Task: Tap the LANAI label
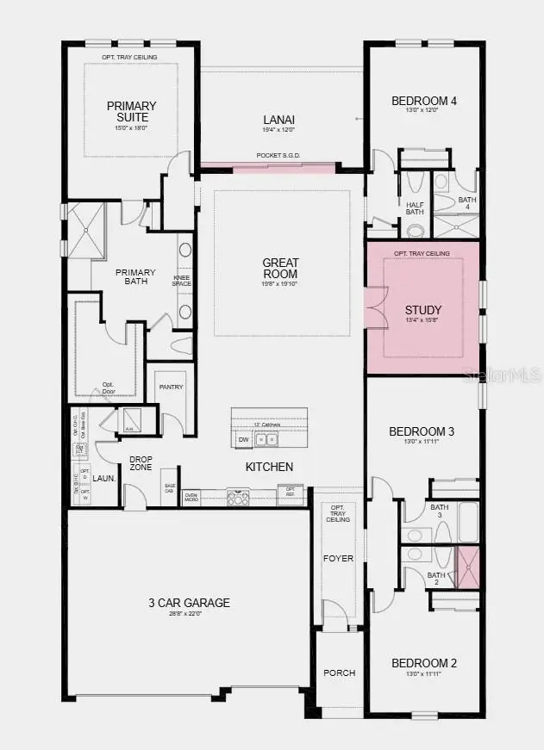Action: [x=278, y=120]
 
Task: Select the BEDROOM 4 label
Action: [x=423, y=101]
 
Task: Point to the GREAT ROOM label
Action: [x=281, y=268]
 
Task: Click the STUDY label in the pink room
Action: [x=423, y=310]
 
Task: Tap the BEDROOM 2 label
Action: [x=423, y=663]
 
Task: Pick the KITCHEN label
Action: [x=269, y=467]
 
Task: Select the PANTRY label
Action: [x=171, y=387]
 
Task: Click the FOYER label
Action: [x=338, y=558]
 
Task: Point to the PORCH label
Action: [x=339, y=673]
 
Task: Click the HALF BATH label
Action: [x=415, y=209]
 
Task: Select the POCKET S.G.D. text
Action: [x=277, y=156]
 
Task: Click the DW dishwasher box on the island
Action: [x=243, y=440]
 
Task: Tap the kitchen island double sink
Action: [x=266, y=440]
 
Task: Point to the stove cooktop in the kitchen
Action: [x=237, y=495]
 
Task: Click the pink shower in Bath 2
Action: [x=467, y=567]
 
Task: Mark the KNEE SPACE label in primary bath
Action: [x=181, y=280]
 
